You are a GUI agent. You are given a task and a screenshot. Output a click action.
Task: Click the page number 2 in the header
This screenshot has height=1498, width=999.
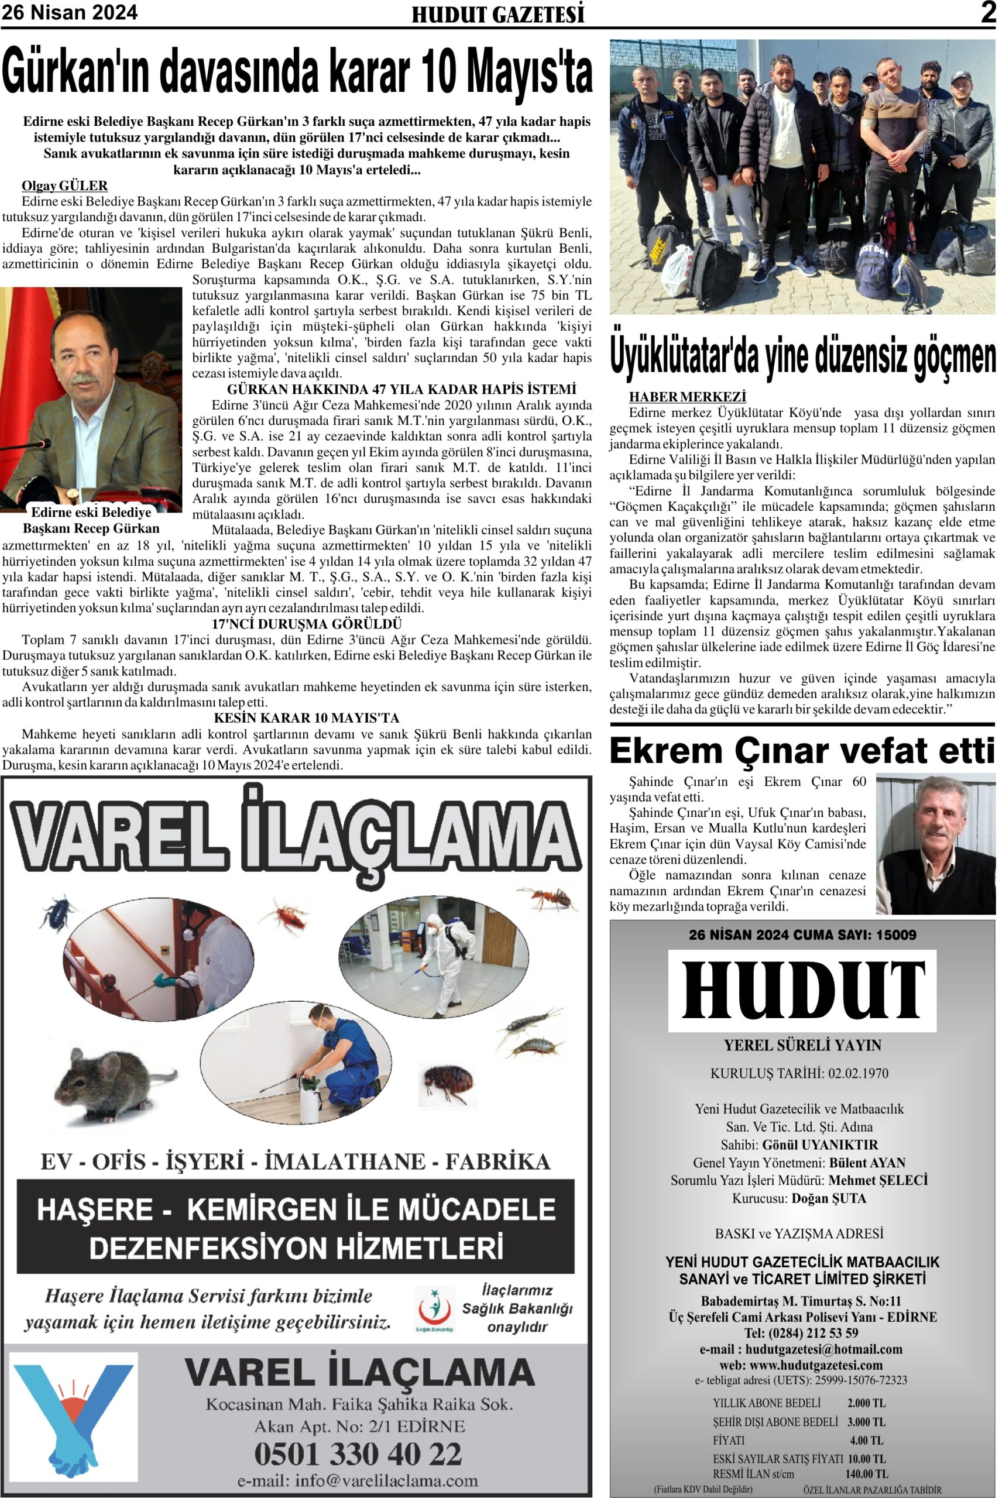[988, 13]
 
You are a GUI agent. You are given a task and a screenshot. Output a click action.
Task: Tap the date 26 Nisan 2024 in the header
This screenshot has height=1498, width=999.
[70, 13]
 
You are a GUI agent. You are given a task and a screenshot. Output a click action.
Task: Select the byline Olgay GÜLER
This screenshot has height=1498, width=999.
[64, 186]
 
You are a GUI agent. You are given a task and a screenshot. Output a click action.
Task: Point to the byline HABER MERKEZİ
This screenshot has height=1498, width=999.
[688, 397]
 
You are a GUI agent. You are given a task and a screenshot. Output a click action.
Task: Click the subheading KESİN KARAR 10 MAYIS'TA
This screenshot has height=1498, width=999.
[307, 719]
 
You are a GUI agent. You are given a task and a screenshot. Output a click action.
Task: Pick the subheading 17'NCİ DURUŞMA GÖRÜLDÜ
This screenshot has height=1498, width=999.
[307, 624]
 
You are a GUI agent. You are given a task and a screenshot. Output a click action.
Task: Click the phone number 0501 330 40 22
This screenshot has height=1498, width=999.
[358, 1454]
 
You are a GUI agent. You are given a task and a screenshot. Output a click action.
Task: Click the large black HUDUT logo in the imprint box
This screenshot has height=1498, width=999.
[802, 991]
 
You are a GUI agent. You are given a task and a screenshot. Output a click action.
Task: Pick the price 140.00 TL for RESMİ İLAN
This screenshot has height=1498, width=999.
[867, 1474]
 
